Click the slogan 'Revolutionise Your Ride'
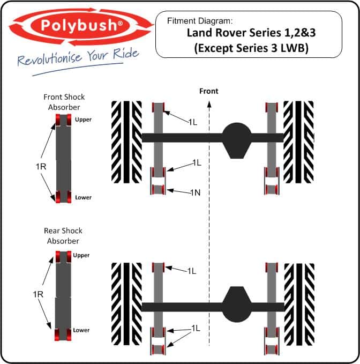[78, 57]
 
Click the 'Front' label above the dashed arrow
[208, 91]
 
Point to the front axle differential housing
[236, 139]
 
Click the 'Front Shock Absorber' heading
[64, 101]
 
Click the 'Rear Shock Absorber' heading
[64, 236]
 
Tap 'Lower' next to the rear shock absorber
[81, 330]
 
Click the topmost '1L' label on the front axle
[192, 122]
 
